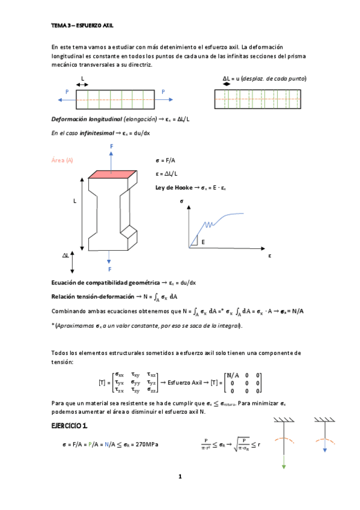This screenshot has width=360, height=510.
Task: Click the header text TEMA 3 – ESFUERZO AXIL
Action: point(82,26)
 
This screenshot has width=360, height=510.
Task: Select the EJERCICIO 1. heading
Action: point(70,426)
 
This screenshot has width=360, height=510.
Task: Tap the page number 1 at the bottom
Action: point(179,477)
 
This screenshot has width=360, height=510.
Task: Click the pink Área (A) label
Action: point(63,161)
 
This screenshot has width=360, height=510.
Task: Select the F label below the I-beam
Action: point(109,269)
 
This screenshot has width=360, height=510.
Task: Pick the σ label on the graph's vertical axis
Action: point(181,202)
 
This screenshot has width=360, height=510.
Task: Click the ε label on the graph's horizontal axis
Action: point(270,256)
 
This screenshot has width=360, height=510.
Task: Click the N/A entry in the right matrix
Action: point(232,375)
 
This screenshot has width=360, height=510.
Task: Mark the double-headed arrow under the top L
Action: point(82,85)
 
